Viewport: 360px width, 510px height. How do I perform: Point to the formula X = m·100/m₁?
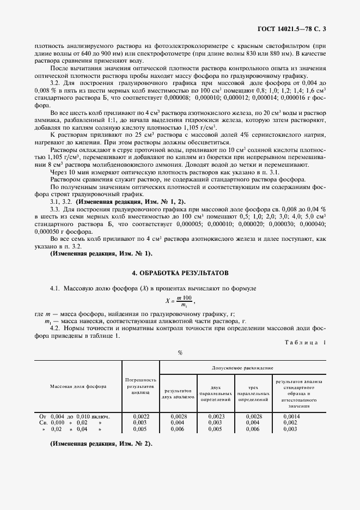pyautogui.click(x=180, y=300)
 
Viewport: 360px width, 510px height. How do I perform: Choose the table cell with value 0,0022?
pyautogui.click(x=141, y=416)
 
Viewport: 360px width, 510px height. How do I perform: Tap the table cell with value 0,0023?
pyautogui.click(x=216, y=416)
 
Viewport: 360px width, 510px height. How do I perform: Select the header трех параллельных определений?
pyautogui.click(x=253, y=393)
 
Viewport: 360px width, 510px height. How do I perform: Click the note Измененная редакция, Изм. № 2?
pyautogui.click(x=101, y=443)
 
